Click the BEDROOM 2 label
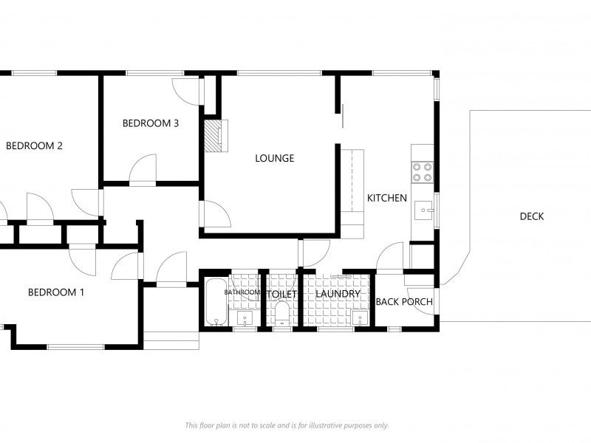coord(34,145)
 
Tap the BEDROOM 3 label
coord(151,123)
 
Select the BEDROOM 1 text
coord(56,292)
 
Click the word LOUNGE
coord(275,158)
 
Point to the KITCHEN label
coord(387,198)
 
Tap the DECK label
coord(532,216)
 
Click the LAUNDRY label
coord(338,294)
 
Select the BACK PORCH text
coord(404,301)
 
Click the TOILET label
coord(281,294)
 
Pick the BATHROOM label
coord(242,292)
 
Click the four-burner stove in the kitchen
coord(423,172)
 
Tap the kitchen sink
coord(424,210)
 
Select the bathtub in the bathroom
coord(216,301)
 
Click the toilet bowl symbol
coord(281,315)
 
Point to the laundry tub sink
coord(360,318)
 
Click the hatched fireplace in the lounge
coord(213,136)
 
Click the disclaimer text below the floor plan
coord(287,425)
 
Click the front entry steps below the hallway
coord(171,340)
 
